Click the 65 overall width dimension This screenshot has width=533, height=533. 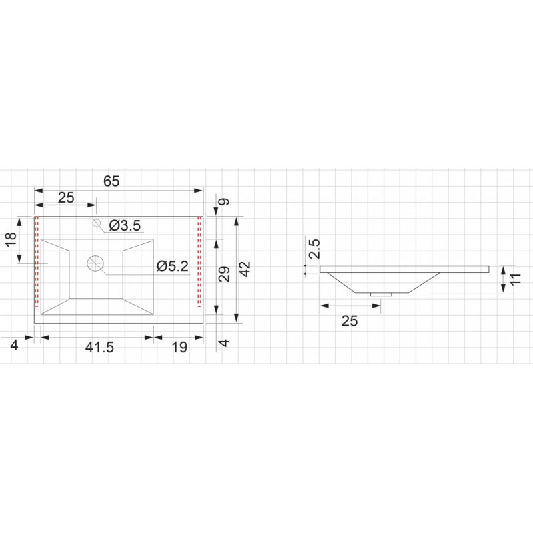111,181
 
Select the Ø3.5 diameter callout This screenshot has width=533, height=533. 125,225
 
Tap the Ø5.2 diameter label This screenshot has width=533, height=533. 173,266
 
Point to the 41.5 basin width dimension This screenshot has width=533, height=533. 99,347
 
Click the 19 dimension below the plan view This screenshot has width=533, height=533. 179,347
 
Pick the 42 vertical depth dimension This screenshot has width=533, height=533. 245,269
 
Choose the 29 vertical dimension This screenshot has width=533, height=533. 224,274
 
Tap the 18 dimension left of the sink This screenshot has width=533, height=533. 11,239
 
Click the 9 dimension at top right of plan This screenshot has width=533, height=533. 224,202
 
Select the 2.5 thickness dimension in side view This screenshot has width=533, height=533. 314,249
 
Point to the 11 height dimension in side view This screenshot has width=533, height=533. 515,278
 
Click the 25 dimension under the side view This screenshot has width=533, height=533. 350,321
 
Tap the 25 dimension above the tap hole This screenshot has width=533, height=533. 66,197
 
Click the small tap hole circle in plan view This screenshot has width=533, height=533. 97,223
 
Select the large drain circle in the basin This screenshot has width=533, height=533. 95,263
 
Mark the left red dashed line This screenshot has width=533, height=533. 37,261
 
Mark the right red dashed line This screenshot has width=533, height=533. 199,261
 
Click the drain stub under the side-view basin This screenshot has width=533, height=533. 381,294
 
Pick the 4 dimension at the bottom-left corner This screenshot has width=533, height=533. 14,345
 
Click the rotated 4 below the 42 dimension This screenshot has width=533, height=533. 224,342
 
